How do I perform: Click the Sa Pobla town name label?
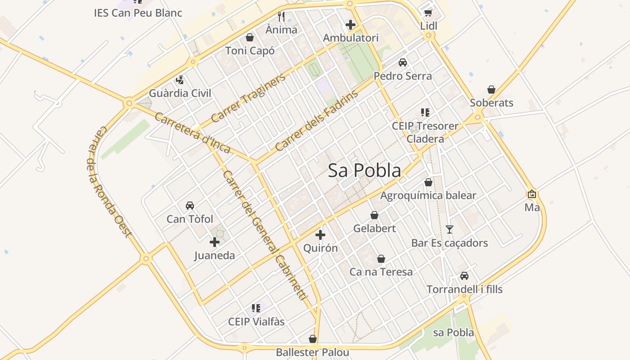(x=364, y=171)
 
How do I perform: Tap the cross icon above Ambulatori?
(x=351, y=25)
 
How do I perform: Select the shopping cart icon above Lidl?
(x=428, y=13)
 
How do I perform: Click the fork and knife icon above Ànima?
(x=281, y=17)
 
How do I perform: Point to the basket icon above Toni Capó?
(x=250, y=37)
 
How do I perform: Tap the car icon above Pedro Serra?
(x=403, y=63)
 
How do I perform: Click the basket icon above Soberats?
(x=491, y=90)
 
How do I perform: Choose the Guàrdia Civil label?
(x=180, y=94)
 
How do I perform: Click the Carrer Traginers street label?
(x=248, y=99)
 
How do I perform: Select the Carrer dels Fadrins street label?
(x=316, y=120)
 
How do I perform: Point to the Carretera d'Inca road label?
(x=192, y=133)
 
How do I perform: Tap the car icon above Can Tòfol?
(x=190, y=206)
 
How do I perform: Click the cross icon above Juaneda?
(x=215, y=242)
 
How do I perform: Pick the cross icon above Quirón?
(x=320, y=234)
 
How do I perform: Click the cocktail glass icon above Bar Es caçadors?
(x=450, y=229)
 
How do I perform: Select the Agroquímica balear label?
(x=428, y=196)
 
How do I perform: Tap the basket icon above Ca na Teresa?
(x=381, y=259)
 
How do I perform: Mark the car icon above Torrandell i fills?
(x=464, y=276)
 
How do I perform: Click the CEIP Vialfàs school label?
(x=256, y=322)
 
